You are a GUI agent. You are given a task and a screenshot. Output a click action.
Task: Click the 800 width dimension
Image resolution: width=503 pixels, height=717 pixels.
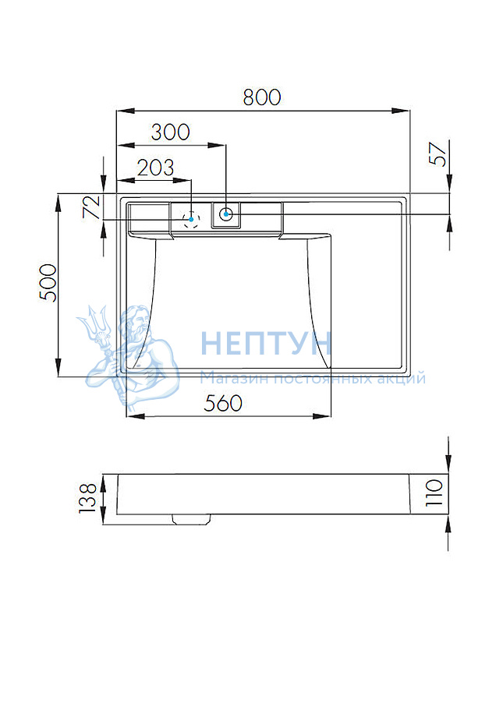(262, 97)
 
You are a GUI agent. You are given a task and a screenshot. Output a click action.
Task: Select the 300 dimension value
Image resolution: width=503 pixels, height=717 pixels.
(170, 132)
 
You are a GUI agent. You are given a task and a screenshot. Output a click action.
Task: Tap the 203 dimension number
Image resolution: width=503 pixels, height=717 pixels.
(156, 168)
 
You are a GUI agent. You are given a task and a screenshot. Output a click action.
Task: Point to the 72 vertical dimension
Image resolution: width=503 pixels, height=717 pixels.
(91, 207)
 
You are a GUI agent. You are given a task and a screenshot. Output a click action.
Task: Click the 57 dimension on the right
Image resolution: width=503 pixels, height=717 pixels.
(438, 154)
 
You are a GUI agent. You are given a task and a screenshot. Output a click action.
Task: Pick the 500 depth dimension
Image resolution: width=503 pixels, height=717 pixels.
(48, 283)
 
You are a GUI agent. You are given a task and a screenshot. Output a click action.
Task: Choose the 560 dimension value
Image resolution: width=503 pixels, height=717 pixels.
(223, 404)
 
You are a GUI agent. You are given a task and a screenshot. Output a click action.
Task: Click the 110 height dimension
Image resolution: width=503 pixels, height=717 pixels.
(434, 493)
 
